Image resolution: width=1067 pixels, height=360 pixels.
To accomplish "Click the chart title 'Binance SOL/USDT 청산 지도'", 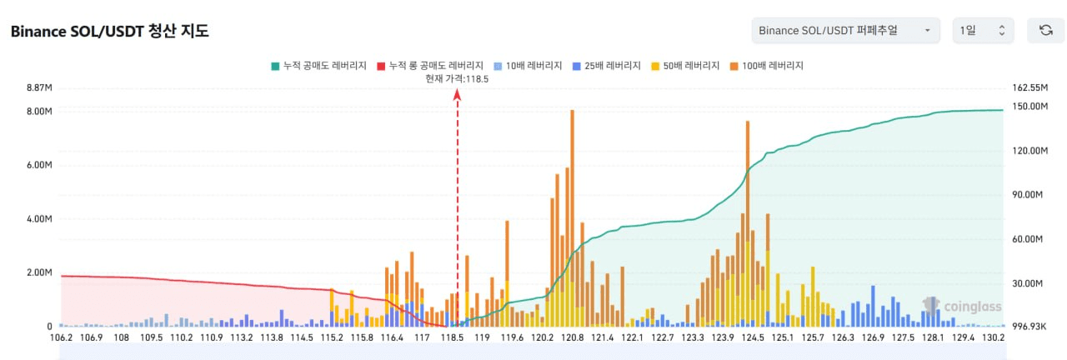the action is pyautogui.click(x=109, y=31).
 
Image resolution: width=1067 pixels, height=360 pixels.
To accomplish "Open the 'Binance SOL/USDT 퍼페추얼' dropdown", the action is pyautogui.click(x=845, y=31).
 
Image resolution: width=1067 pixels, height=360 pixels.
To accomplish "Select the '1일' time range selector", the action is pyautogui.click(x=983, y=31).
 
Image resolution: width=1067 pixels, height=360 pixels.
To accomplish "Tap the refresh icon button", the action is pyautogui.click(x=1045, y=31).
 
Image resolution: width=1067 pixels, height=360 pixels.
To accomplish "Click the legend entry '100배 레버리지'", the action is pyautogui.click(x=766, y=66).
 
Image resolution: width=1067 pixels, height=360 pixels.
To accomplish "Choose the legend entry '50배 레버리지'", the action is pyautogui.click(x=685, y=66).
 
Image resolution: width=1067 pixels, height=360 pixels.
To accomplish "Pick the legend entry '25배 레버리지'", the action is pyautogui.click(x=606, y=66).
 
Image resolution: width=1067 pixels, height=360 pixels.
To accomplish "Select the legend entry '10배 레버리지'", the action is pyautogui.click(x=528, y=66).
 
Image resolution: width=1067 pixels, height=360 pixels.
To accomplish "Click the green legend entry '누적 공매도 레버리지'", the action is pyautogui.click(x=318, y=66).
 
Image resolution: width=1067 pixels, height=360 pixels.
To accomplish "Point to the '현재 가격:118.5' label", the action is pyautogui.click(x=457, y=78).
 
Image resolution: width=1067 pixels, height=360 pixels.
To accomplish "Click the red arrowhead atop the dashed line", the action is pyautogui.click(x=458, y=95).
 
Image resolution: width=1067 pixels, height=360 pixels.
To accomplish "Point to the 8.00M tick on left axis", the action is pyautogui.click(x=39, y=112).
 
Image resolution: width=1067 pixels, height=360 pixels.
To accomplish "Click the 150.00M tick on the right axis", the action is pyautogui.click(x=1029, y=106).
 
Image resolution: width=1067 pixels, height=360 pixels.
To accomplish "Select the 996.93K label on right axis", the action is pyautogui.click(x=1029, y=327).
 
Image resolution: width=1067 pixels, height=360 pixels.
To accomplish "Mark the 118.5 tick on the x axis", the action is pyautogui.click(x=452, y=337).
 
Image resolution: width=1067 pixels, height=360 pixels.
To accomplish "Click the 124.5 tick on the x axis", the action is pyautogui.click(x=753, y=337).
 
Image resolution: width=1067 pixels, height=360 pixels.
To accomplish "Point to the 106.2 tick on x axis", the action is pyautogui.click(x=62, y=337).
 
